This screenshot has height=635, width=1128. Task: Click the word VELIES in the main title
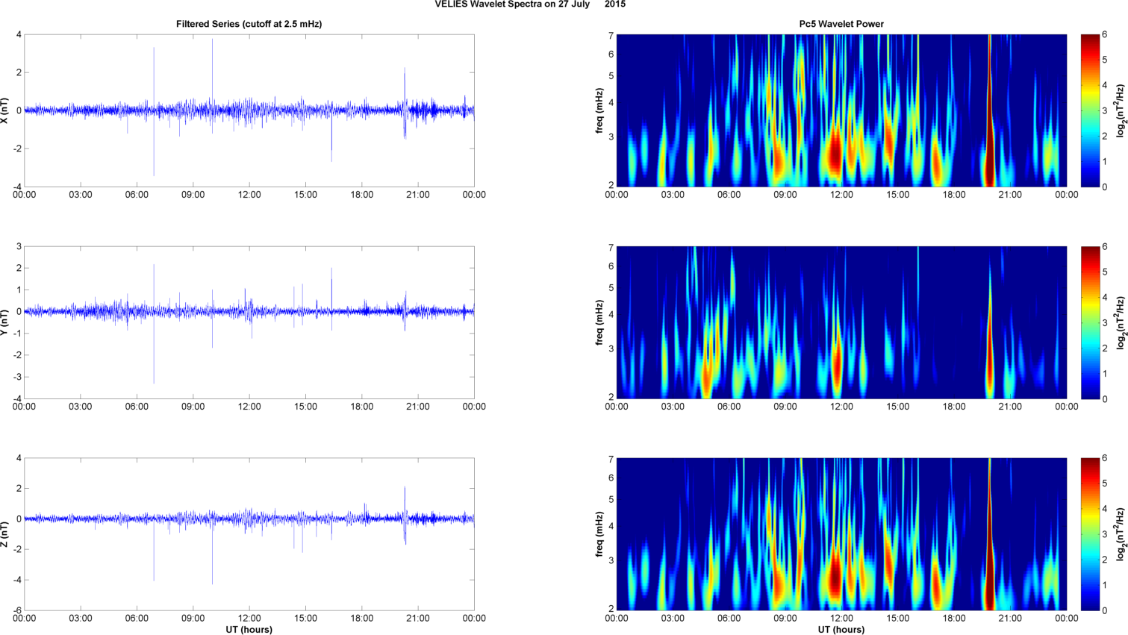click(x=451, y=4)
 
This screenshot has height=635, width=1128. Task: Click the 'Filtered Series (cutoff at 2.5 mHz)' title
click(x=249, y=24)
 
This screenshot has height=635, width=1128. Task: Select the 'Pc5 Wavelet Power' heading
click(x=841, y=24)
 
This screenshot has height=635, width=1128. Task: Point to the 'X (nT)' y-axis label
click(x=5, y=110)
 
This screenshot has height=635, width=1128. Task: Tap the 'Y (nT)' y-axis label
click(x=5, y=322)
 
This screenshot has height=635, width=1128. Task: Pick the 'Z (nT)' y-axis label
click(x=5, y=534)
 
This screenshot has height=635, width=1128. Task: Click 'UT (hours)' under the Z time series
click(x=249, y=630)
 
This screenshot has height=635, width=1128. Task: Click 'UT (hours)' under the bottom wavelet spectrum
click(x=841, y=630)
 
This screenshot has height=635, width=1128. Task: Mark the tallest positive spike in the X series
click(x=212, y=40)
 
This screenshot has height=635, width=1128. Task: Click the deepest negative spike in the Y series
click(x=154, y=381)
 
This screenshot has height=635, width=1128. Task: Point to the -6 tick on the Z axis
click(x=16, y=610)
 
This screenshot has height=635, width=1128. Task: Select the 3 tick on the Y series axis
click(x=19, y=246)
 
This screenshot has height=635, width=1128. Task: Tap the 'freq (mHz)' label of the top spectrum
click(x=599, y=110)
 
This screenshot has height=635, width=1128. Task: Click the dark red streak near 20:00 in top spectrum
click(x=989, y=149)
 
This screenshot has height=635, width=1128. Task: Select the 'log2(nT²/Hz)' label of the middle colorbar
click(x=1121, y=322)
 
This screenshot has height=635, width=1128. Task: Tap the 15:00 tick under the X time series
click(x=305, y=195)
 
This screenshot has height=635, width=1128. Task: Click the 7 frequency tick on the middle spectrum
click(x=611, y=246)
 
